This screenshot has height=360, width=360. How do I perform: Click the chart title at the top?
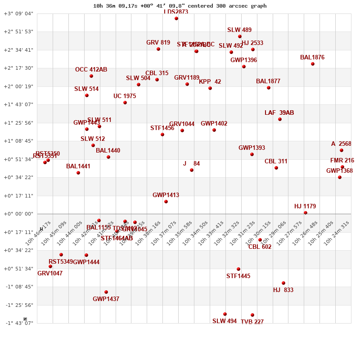(x=180, y=6)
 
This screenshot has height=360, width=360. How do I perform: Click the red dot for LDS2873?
(x=176, y=18)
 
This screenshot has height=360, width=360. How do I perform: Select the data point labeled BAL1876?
(x=313, y=64)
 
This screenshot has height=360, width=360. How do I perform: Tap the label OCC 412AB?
(x=91, y=70)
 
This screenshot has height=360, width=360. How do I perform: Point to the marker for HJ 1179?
(x=306, y=213)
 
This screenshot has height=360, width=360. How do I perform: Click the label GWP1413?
(x=166, y=195)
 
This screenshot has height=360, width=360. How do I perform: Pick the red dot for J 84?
(x=192, y=170)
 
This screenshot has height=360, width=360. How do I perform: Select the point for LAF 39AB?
(x=280, y=119)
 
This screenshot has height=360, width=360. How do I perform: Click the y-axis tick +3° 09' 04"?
(x=18, y=13)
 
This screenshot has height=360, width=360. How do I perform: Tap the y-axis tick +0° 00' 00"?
(x=18, y=214)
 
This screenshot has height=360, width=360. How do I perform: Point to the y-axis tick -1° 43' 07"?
(x=18, y=323)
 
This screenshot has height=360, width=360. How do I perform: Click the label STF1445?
(x=238, y=276)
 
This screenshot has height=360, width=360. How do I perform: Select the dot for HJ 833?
(x=283, y=283)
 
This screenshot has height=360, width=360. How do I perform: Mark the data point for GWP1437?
(x=106, y=292)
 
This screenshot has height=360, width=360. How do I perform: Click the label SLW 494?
(x=225, y=321)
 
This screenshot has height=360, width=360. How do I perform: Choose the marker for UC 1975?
(x=125, y=103)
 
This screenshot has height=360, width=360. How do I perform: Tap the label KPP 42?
(x=210, y=82)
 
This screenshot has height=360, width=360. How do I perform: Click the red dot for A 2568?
(x=342, y=150)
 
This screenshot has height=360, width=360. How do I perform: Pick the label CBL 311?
(x=276, y=162)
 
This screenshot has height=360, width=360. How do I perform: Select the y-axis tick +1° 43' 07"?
(x=18, y=104)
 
